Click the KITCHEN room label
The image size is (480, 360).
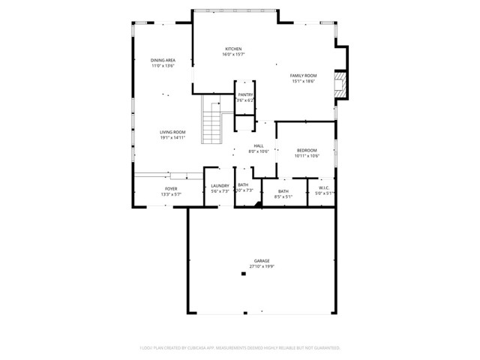233,49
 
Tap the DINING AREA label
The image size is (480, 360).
163,60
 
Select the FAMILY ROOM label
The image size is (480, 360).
304,76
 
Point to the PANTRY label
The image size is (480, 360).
245,94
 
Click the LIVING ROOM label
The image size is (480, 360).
172,132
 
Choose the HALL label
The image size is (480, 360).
258,146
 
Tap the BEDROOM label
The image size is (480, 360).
306,150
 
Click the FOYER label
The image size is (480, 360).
171,188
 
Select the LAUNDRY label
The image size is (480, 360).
220,186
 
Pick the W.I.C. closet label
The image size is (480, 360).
324,188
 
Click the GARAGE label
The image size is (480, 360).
261,260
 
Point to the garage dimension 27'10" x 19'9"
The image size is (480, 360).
261,266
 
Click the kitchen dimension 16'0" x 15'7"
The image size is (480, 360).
233,55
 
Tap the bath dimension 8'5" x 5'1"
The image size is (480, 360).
283,197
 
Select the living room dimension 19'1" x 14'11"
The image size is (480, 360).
172,138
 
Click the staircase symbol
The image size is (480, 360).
212,122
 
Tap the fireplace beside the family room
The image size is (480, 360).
341,84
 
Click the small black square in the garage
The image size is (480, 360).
243,274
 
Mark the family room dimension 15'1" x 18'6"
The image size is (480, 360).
304,81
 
